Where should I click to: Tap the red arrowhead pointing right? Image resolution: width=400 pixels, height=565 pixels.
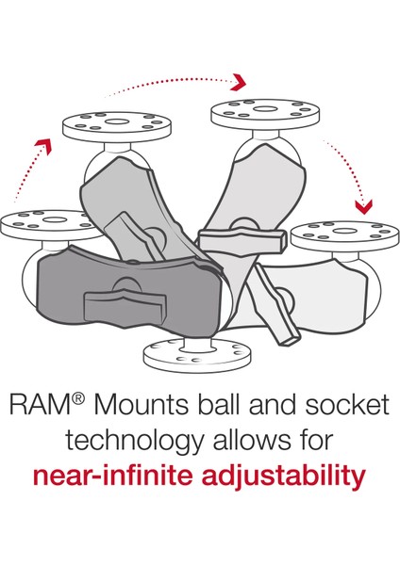point(242,78)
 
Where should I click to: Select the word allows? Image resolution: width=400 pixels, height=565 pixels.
point(249,441)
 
